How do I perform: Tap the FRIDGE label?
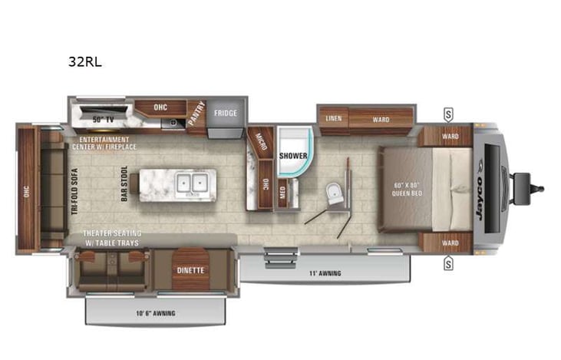[226, 114]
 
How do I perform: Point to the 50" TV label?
[102, 119]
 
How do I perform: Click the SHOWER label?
[293, 155]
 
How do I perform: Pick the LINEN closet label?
[332, 119]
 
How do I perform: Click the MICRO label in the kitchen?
[261, 142]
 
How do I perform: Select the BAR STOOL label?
[124, 184]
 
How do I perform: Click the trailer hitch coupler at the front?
[528, 185]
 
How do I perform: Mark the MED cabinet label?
[282, 193]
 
